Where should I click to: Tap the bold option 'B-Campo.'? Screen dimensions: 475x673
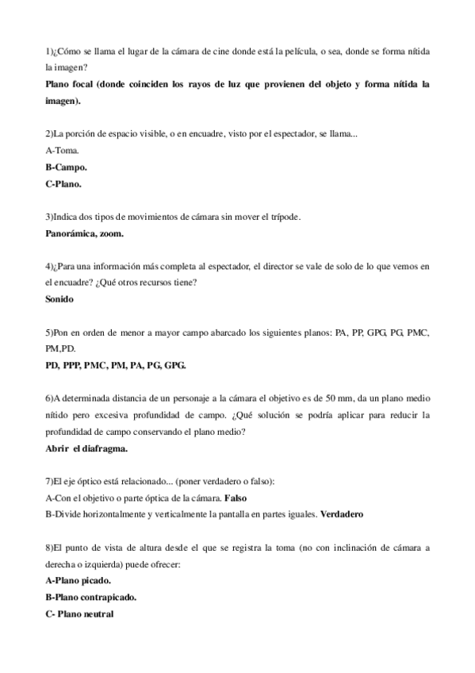[x=67, y=167]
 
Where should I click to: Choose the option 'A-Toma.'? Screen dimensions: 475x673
[x=63, y=150]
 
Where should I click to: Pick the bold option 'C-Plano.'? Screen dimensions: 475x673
[x=64, y=183]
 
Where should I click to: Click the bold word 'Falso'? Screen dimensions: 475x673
[x=237, y=497]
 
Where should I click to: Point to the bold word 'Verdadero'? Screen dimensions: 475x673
[x=341, y=513]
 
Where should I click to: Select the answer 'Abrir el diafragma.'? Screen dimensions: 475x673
[x=87, y=448]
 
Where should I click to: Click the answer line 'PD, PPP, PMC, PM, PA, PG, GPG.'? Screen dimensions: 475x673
[x=117, y=365]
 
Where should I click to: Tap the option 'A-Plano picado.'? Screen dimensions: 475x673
[x=78, y=580]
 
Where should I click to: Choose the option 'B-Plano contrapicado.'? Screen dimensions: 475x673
[x=91, y=596]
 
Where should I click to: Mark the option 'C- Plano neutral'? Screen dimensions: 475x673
[x=80, y=613]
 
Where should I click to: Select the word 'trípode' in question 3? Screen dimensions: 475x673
[x=284, y=217]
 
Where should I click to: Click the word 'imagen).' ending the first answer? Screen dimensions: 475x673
[x=63, y=101]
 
